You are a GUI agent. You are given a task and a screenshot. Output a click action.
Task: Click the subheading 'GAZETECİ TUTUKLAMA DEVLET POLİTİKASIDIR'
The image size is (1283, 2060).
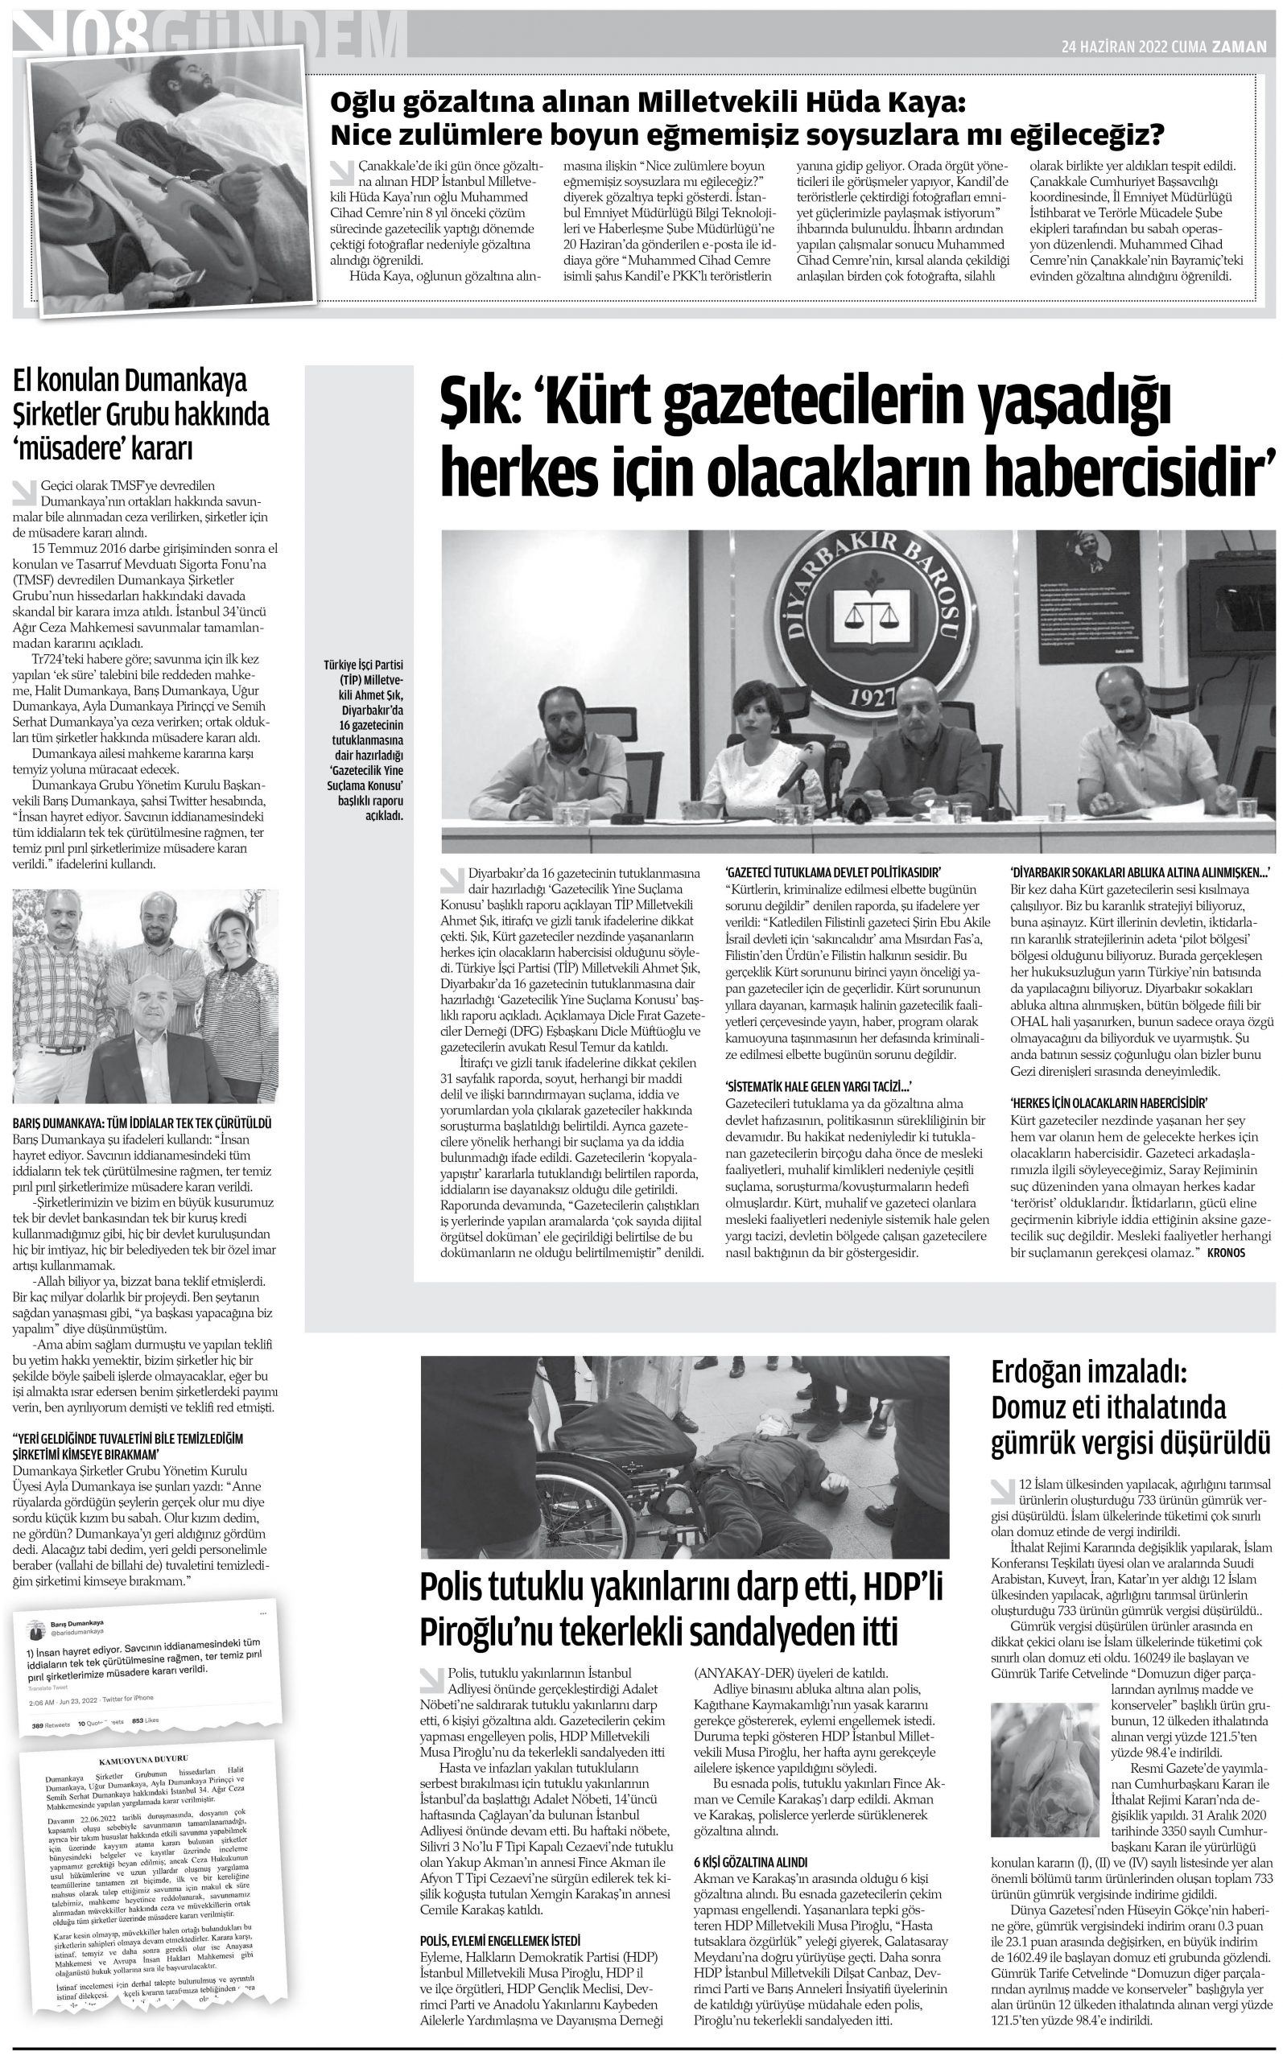(835, 871)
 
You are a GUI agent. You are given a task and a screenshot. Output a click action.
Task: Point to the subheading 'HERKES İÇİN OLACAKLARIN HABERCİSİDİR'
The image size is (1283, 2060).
(1109, 1103)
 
